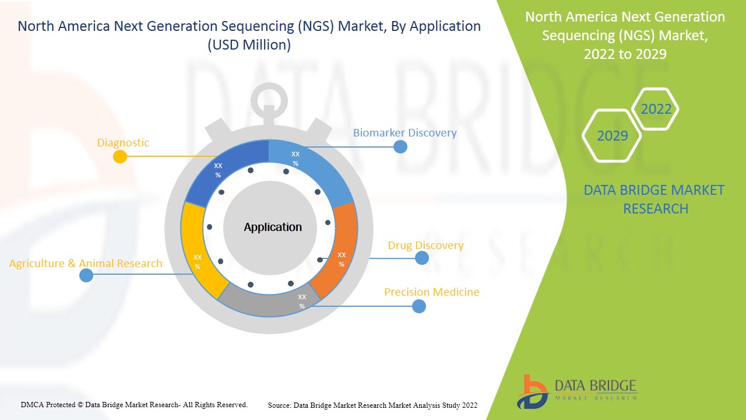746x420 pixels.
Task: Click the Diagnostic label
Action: point(123,143)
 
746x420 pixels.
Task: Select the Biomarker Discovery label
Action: point(404,133)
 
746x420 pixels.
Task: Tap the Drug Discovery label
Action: point(425,246)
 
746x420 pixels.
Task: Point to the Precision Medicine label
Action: point(431,292)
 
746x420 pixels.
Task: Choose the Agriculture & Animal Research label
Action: point(86,264)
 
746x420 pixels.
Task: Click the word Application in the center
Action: point(273,228)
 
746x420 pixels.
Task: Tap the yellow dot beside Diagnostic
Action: point(119,156)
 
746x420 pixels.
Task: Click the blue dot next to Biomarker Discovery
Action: point(400,146)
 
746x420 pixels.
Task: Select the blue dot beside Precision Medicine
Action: point(418,306)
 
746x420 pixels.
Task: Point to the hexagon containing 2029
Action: point(612,136)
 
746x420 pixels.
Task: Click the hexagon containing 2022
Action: point(656,109)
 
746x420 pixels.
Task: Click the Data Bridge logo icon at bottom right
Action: point(532,391)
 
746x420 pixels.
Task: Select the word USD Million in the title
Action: point(249,45)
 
